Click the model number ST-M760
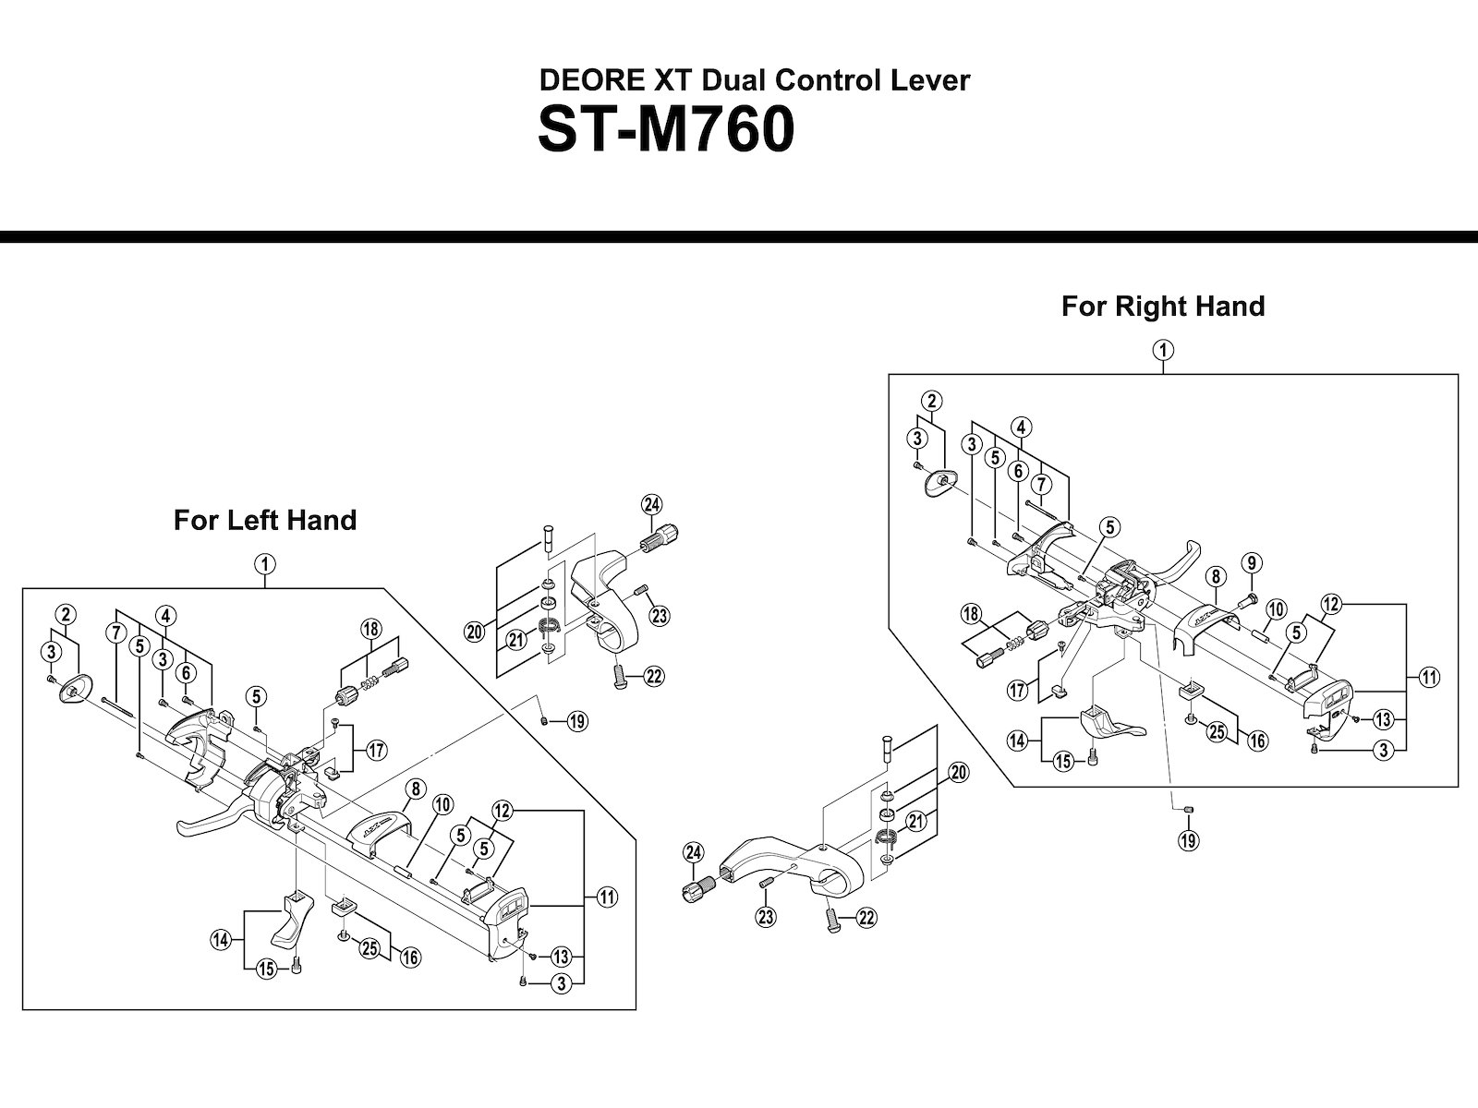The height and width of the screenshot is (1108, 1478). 665,131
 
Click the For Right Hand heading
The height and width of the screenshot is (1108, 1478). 1162,306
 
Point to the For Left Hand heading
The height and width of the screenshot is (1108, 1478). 265,520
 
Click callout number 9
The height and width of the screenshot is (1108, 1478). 1252,562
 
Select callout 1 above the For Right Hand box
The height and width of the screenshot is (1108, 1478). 1163,350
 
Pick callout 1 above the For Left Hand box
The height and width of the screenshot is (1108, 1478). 264,563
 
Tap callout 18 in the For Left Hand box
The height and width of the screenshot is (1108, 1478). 370,630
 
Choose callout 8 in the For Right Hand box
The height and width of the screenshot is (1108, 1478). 1216,577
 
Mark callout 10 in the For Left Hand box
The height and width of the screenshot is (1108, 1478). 442,805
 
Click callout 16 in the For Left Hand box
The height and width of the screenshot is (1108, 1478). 410,957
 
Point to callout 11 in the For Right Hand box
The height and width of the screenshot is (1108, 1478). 1431,678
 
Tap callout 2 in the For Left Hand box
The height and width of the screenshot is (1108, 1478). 65,614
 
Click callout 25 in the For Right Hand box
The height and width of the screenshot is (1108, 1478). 1218,732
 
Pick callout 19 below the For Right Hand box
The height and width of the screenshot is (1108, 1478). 1188,840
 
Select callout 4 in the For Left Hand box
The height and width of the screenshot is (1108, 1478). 166,615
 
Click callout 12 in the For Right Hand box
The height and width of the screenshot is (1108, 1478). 1331,605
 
